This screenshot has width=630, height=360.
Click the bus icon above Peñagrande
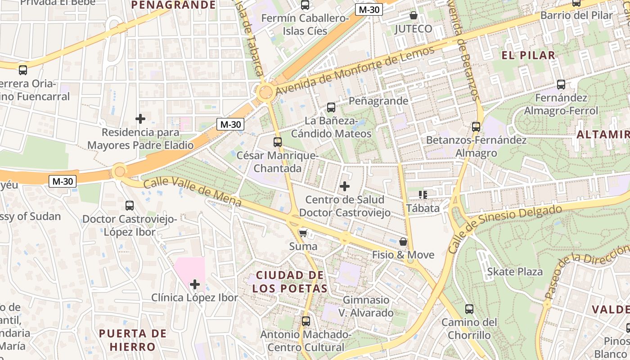pyautogui.click(x=331, y=107)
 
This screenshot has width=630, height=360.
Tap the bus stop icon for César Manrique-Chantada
pyautogui.click(x=278, y=142)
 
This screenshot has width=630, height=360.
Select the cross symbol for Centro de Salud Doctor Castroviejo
pyautogui.click(x=345, y=186)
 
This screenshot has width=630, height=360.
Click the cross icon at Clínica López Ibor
pyautogui.click(x=195, y=284)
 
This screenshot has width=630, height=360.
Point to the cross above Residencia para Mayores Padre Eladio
pyautogui.click(x=140, y=119)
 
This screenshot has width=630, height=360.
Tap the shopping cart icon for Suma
pyautogui.click(x=303, y=233)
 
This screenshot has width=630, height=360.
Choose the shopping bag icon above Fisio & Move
pyautogui.click(x=403, y=242)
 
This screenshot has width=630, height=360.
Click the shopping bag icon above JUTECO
pyautogui.click(x=413, y=16)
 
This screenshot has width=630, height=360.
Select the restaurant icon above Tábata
pyautogui.click(x=423, y=195)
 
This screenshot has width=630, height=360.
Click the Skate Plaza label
pyautogui.click(x=515, y=272)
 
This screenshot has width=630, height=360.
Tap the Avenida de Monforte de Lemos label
pyautogui.click(x=355, y=70)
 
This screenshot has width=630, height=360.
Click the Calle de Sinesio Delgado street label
pyautogui.click(x=504, y=229)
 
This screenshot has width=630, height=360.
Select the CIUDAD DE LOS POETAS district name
pyautogui.click(x=290, y=282)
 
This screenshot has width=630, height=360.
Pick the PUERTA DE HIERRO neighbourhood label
pyautogui.click(x=133, y=340)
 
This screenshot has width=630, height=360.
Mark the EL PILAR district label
pyautogui.click(x=528, y=55)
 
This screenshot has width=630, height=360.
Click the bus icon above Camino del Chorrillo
pyautogui.click(x=469, y=309)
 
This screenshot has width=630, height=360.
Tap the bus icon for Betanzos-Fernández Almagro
pyautogui.click(x=476, y=127)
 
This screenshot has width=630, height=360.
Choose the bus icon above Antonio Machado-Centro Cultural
pyautogui.click(x=306, y=321)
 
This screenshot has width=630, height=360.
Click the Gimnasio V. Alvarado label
pyautogui.click(x=366, y=306)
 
